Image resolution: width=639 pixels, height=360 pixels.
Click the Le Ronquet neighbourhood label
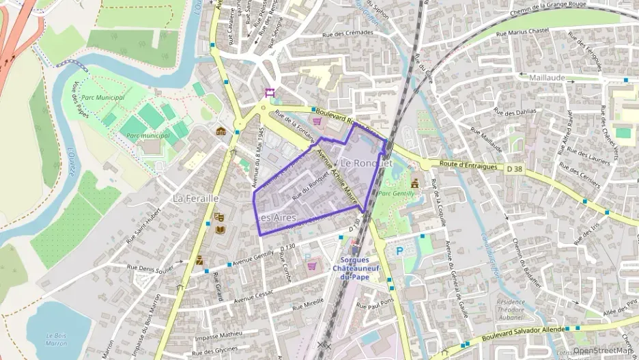(x=366, y=164)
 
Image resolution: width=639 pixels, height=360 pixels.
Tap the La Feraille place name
(x=195, y=198)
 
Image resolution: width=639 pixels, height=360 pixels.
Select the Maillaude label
(x=547, y=77)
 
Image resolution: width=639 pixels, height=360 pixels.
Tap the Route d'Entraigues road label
(x=467, y=165)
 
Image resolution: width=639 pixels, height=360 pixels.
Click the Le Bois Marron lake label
(x=55, y=339)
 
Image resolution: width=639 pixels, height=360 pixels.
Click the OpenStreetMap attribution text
(x=603, y=351)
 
